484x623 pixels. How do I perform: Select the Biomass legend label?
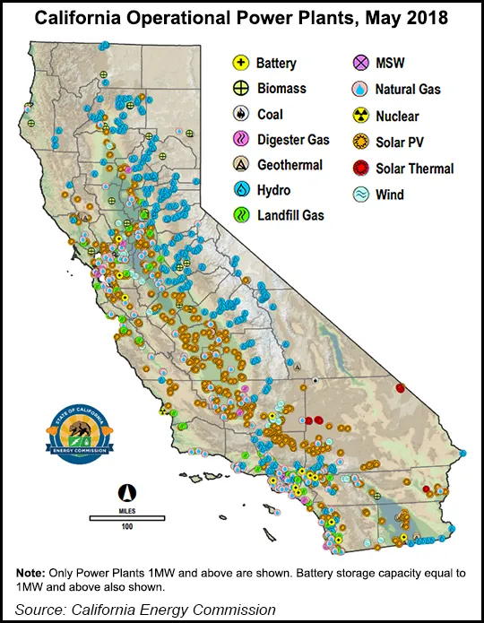click(x=281, y=89)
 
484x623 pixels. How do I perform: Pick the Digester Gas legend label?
click(x=293, y=140)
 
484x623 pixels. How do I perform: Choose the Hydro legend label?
click(x=274, y=190)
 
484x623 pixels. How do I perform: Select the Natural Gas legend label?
click(x=408, y=90)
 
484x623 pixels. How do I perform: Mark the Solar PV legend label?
click(x=400, y=142)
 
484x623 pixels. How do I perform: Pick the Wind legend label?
click(x=391, y=195)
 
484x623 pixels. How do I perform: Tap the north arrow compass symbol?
click(x=127, y=492)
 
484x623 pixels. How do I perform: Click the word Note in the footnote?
click(x=32, y=574)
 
